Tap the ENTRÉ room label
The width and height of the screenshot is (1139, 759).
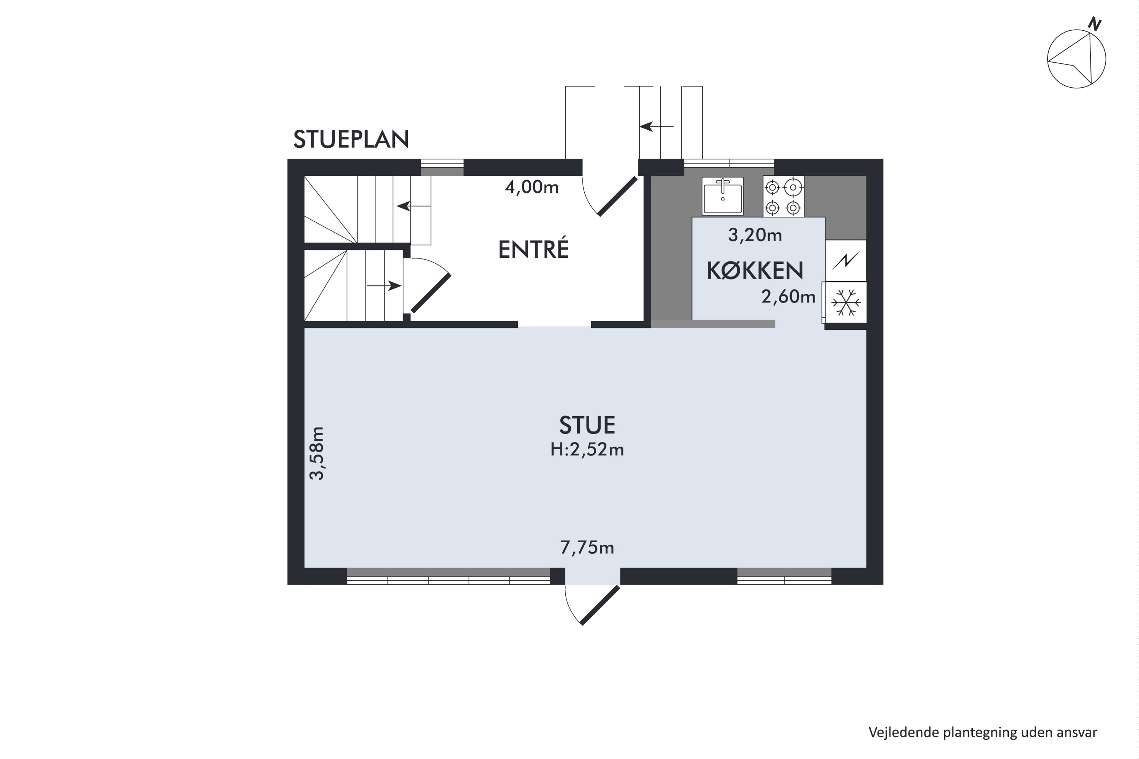click(533, 250)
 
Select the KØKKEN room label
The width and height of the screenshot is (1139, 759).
click(754, 271)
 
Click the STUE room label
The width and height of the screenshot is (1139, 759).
click(587, 425)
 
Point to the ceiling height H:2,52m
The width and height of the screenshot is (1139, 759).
click(587, 450)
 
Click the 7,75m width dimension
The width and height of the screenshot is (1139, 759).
click(587, 548)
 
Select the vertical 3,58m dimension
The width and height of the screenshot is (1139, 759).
click(317, 453)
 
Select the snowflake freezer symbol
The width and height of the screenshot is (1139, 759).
click(846, 302)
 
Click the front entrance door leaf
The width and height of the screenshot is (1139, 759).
click(617, 196)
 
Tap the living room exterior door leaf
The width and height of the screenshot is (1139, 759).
click(600, 605)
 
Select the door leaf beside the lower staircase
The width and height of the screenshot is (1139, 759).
click(431, 293)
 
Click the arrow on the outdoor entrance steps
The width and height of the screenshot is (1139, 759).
click(656, 127)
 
